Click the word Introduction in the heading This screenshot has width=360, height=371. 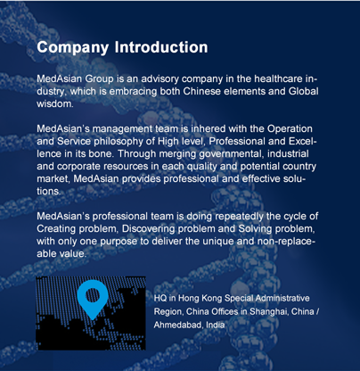(x=161, y=47)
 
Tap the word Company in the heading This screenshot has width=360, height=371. (x=73, y=48)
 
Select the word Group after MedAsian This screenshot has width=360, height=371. (x=99, y=80)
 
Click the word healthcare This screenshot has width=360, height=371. (x=278, y=78)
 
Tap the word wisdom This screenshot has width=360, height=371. (x=54, y=103)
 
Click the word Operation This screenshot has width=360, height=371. (x=290, y=129)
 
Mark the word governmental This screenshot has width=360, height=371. (x=231, y=154)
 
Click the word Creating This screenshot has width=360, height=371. (x=56, y=229)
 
